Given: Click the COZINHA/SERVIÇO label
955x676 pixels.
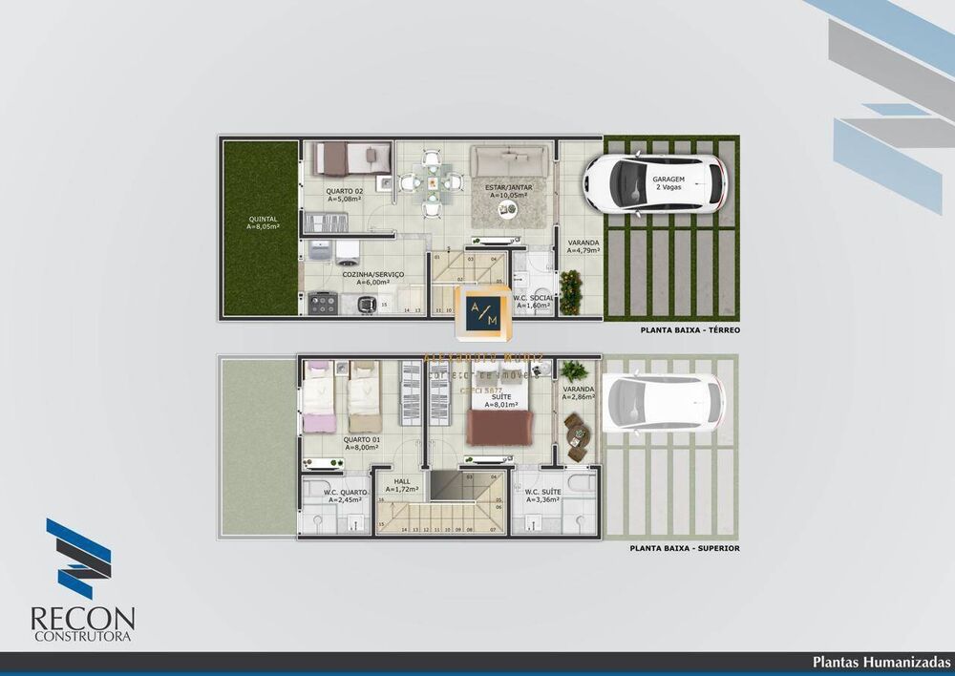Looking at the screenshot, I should click(x=372, y=278).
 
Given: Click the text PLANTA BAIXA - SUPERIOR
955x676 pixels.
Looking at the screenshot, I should click(x=684, y=549).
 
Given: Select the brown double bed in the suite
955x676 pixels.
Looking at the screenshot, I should click(x=500, y=427).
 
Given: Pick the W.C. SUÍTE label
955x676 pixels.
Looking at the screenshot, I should click(x=541, y=495).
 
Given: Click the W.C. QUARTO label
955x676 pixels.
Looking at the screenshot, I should click(x=347, y=495).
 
